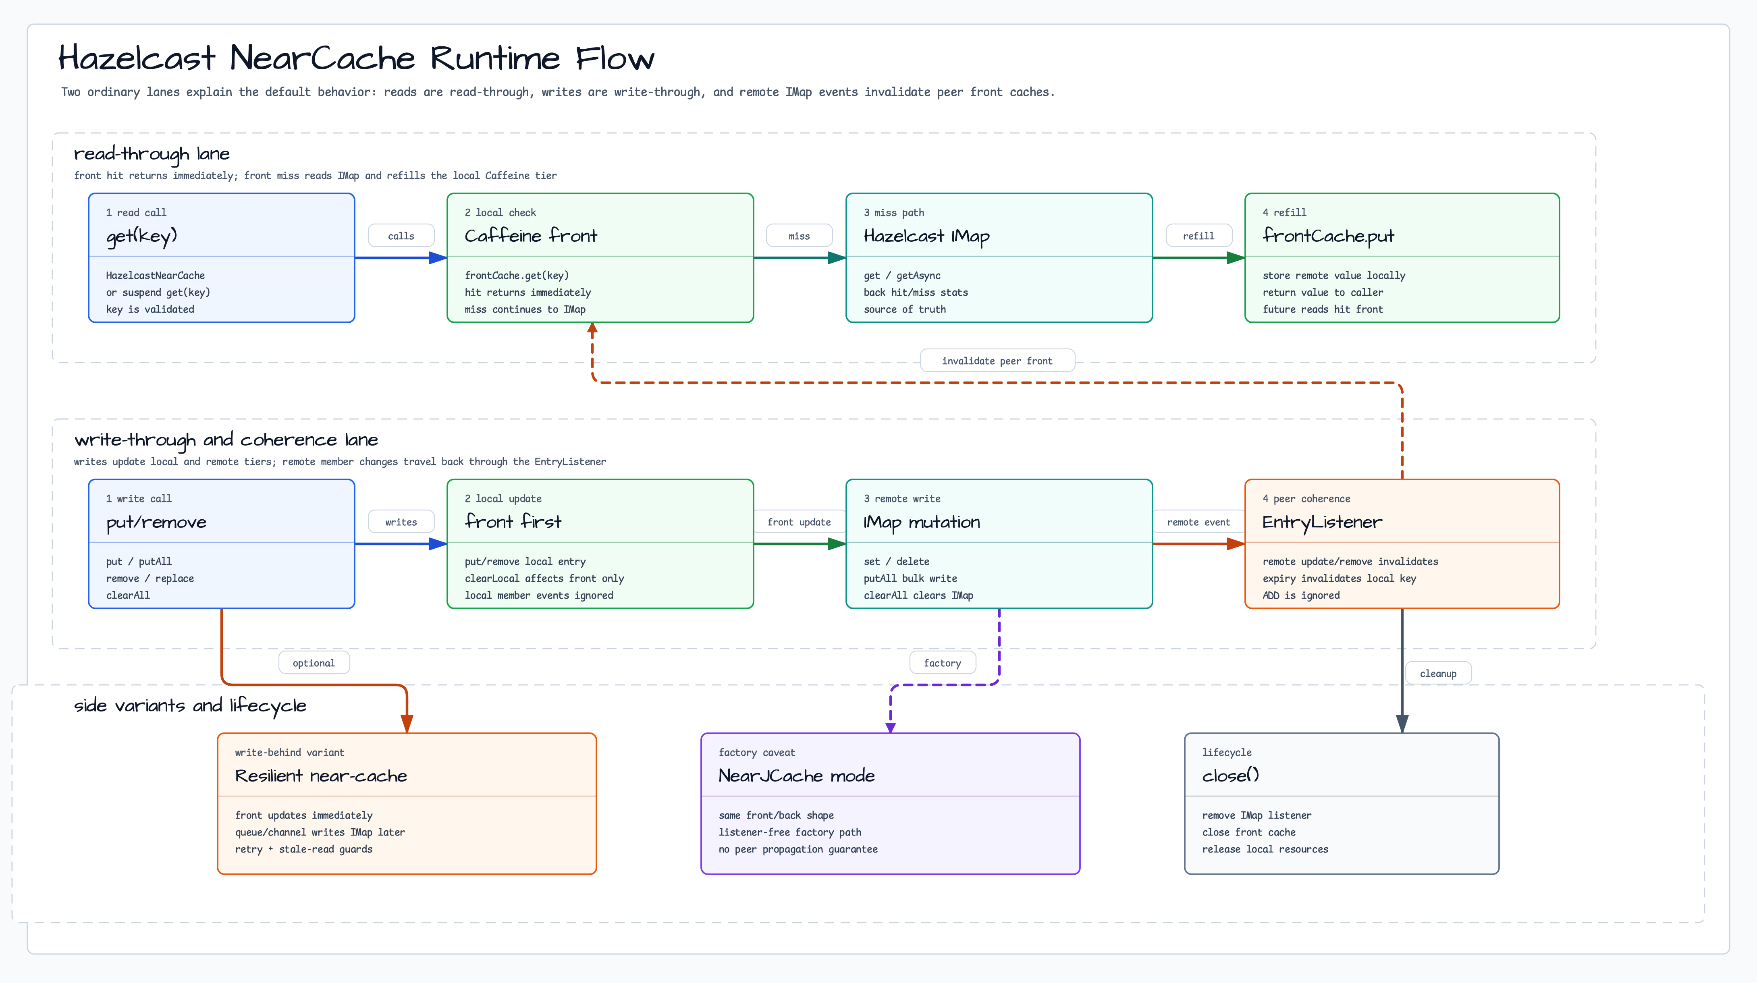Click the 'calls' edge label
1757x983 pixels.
point(401,236)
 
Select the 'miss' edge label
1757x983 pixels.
point(800,236)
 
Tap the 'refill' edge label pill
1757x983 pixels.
point(1198,236)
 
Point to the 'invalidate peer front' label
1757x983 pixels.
point(997,361)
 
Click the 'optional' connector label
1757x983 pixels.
point(314,663)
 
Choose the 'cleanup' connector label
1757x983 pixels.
point(1438,674)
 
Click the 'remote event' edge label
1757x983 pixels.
point(1198,522)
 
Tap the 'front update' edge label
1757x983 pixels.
point(800,522)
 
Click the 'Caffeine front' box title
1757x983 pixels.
point(531,236)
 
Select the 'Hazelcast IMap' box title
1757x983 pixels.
point(926,236)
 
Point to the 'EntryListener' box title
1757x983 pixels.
point(1322,522)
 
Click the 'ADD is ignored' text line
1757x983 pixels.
point(1301,595)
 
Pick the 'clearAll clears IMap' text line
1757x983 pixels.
point(918,595)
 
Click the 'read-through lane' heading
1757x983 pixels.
point(152,154)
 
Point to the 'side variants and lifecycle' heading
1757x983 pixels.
point(190,705)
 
